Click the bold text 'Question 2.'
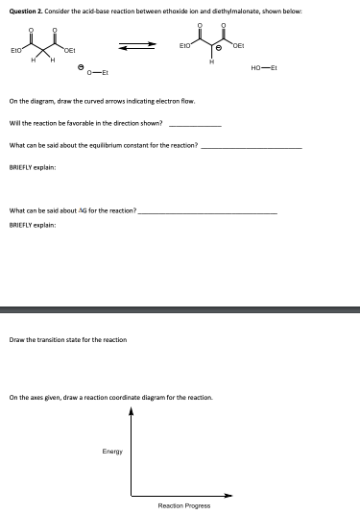[x=26, y=9]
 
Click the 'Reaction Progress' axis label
[x=184, y=505]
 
